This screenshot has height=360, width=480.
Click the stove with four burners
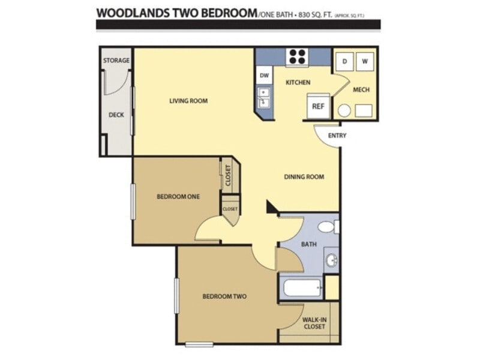(x=297, y=56)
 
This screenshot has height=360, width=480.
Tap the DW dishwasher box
(x=263, y=76)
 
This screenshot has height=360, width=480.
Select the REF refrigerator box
(x=318, y=106)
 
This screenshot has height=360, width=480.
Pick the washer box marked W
(x=365, y=61)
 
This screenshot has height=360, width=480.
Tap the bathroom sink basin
(x=332, y=260)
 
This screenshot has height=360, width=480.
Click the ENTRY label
(x=337, y=136)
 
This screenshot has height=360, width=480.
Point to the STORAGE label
(x=116, y=61)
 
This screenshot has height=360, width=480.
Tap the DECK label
(x=116, y=115)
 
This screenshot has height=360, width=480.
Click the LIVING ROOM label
(x=188, y=101)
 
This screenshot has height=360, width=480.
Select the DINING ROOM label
(x=304, y=176)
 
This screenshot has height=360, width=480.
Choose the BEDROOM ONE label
(x=178, y=196)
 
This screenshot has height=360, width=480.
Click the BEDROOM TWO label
(x=224, y=296)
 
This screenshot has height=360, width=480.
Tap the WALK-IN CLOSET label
(x=314, y=323)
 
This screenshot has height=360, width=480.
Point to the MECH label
(x=361, y=90)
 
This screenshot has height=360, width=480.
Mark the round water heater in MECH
(x=344, y=110)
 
